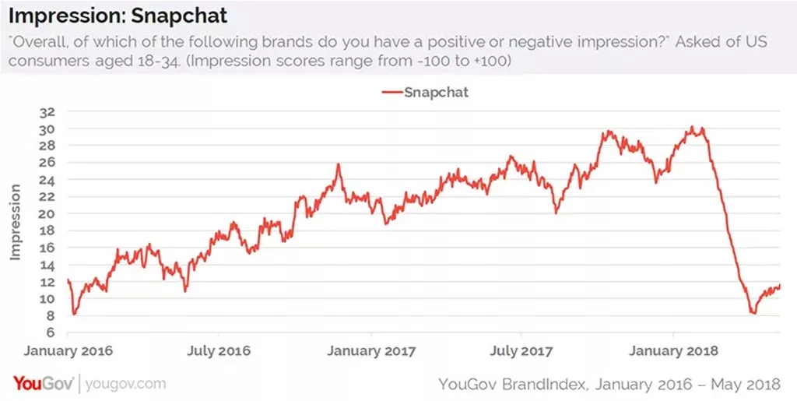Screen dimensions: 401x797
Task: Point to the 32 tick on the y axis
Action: click(47, 111)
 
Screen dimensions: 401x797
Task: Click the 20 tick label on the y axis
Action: click(47, 213)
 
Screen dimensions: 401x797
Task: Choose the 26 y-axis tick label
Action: click(47, 162)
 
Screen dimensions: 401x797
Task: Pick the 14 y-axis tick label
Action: click(47, 265)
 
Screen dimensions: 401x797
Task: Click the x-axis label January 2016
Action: click(68, 350)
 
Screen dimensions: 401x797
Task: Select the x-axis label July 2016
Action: click(219, 350)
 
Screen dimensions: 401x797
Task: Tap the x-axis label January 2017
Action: click(372, 350)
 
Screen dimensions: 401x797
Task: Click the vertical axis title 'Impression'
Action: click(15, 222)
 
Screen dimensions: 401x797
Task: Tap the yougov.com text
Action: click(125, 383)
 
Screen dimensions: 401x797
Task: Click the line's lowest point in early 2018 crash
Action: click(753, 313)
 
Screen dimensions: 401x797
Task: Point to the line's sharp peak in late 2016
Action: click(339, 164)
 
